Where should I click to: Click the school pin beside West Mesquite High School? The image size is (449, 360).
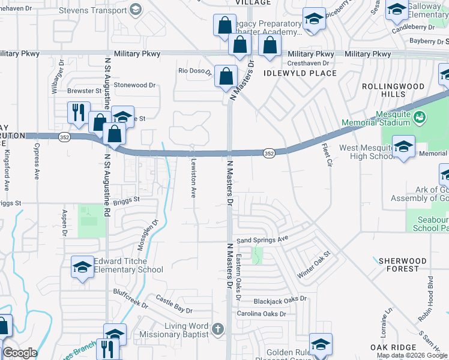tap(403, 146)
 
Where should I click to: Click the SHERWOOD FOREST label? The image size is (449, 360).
tap(403, 265)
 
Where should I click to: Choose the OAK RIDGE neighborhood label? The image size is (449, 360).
tap(393, 348)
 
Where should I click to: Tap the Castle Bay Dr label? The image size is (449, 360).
tap(174, 305)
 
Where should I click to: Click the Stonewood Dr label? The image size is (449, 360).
tap(134, 85)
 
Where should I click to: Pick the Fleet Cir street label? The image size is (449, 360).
tap(326, 155)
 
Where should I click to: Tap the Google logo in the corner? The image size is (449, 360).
tap(19, 353)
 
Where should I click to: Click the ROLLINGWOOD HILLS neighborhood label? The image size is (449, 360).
tap(393, 91)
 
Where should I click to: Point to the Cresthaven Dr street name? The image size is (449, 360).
tap(309, 63)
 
